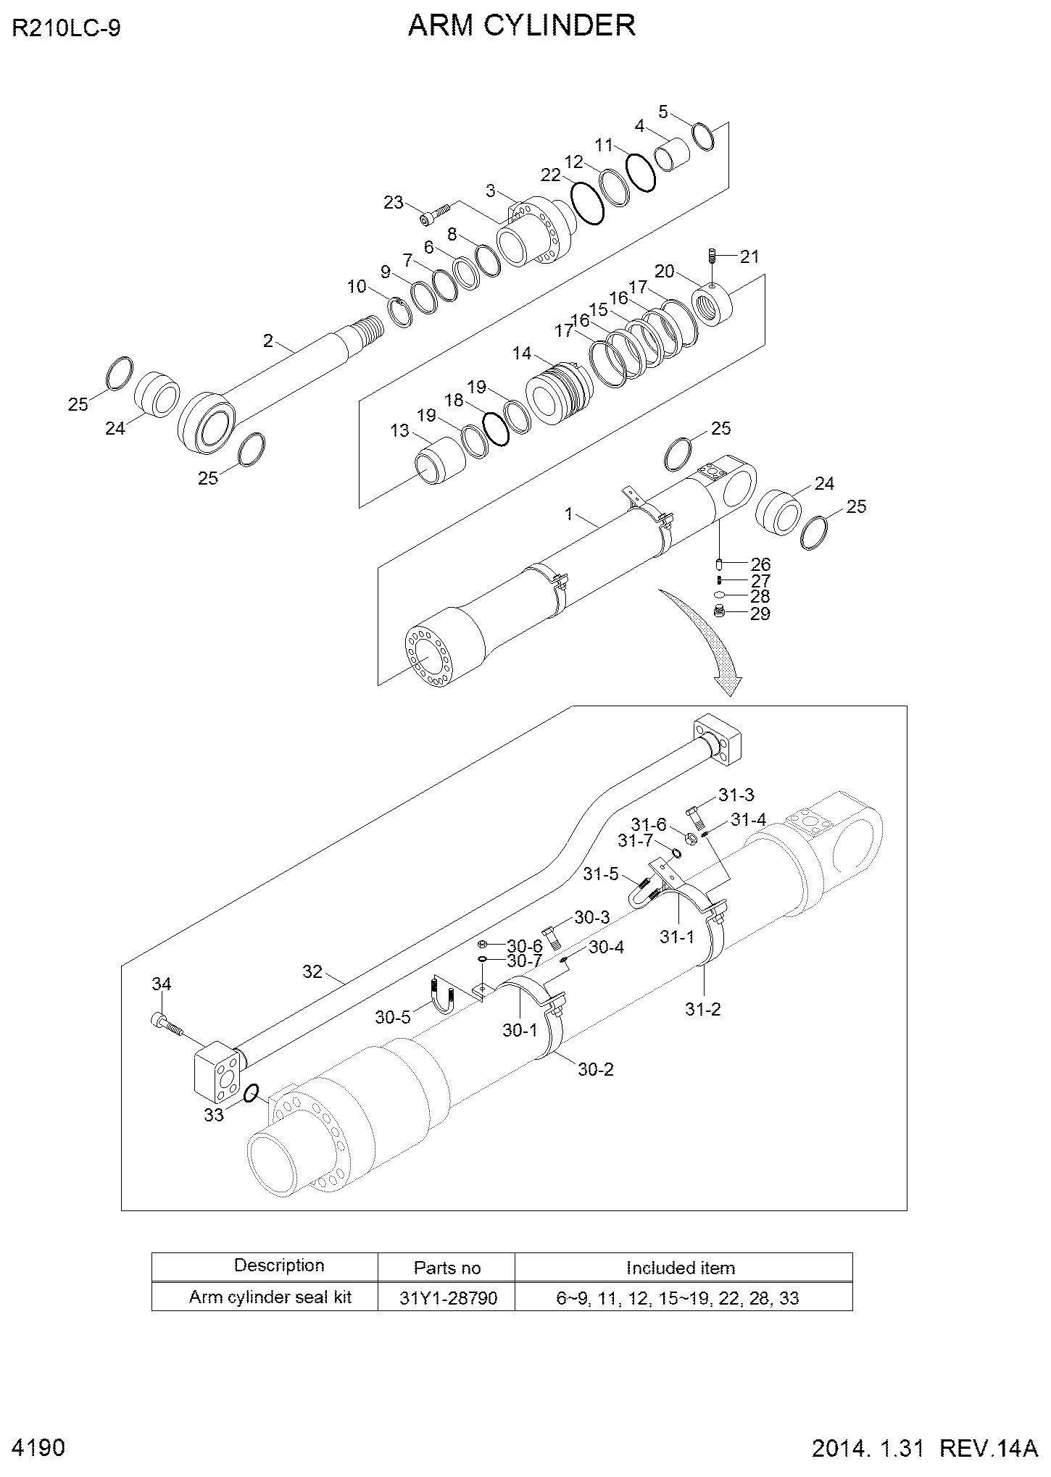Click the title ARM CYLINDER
click(x=522, y=25)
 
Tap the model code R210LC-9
click(x=66, y=28)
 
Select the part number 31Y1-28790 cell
click(x=448, y=1297)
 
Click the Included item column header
click(x=681, y=1268)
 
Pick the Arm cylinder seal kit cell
click(x=270, y=1297)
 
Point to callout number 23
click(x=394, y=203)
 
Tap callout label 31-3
click(x=736, y=795)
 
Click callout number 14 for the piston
click(x=522, y=353)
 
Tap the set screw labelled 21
click(x=713, y=256)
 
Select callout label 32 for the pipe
click(x=312, y=971)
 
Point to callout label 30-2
click(x=596, y=1068)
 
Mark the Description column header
click(x=279, y=1265)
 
